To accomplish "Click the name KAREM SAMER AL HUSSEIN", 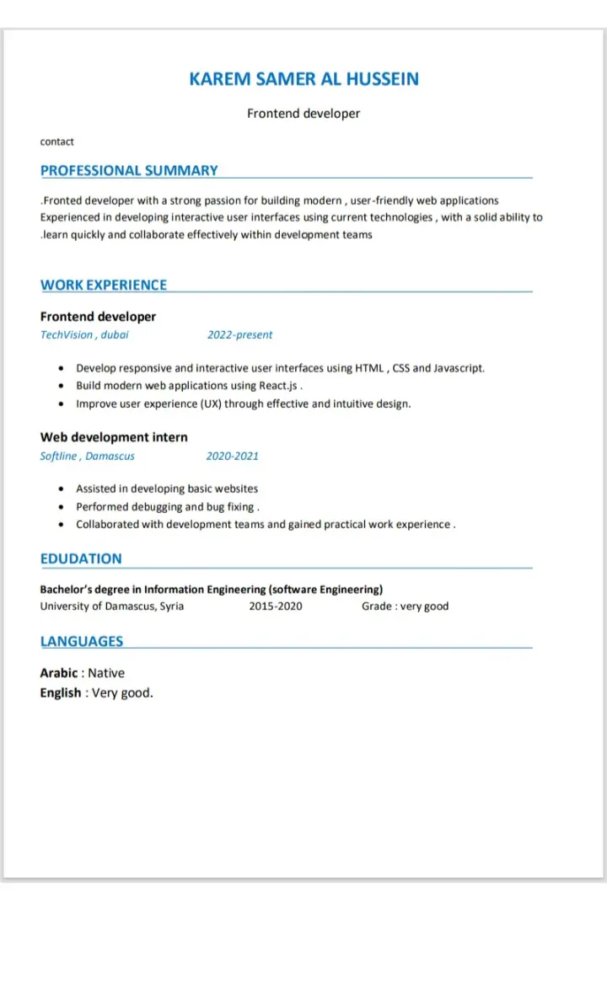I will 303,79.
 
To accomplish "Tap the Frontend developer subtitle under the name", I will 303,113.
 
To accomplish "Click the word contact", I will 57,142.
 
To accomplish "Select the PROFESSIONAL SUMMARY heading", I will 129,170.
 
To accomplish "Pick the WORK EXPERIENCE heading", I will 104,285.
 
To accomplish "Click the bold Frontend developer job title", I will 98,317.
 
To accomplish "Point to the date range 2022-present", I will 239,334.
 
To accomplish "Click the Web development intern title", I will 114,437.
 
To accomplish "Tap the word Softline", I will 58,456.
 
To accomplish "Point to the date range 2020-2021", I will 232,456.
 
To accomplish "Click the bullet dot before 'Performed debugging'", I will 62,507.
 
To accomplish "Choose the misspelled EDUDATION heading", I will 81,558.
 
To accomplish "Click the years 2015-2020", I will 276,607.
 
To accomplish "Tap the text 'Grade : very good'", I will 405,607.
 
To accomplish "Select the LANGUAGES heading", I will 82,641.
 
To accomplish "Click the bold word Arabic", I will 60,673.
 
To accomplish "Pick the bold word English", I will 61,693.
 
